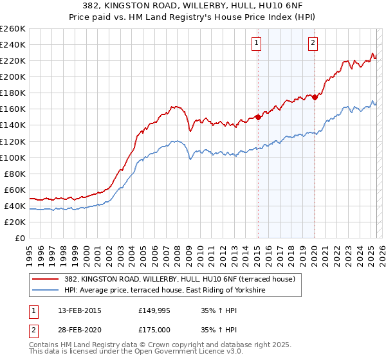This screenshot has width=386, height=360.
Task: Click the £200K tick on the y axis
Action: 13,76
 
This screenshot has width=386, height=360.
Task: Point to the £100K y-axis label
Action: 13,157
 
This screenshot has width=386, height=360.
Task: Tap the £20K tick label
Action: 15,222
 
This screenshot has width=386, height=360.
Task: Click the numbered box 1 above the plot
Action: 256,43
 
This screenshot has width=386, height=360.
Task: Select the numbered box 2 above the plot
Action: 313,43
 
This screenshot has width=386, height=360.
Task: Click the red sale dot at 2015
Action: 257,117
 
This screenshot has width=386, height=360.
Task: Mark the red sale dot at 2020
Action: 315,97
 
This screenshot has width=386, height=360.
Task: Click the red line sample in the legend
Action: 44,279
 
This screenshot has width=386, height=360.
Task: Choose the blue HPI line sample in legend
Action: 44,291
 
